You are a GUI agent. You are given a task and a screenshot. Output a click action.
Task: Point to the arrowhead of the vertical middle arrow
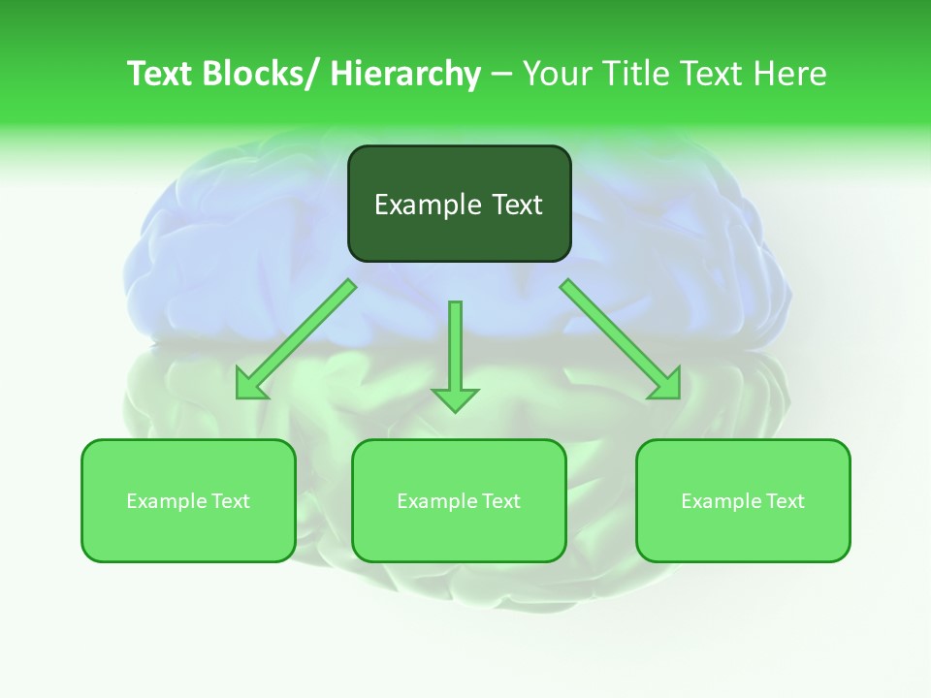click(455, 398)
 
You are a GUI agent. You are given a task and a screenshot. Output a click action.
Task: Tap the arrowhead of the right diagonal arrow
click(667, 386)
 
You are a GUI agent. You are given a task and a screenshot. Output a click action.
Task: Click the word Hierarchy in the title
click(405, 74)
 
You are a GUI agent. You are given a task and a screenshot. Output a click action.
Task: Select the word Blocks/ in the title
click(263, 74)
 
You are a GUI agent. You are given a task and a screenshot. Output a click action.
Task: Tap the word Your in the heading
click(557, 74)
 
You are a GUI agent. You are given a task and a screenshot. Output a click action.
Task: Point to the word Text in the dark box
click(516, 205)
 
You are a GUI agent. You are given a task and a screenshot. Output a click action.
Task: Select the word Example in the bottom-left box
click(166, 501)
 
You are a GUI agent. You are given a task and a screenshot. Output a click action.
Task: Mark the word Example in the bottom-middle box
click(436, 501)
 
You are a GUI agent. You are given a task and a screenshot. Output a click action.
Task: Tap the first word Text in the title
click(159, 74)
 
